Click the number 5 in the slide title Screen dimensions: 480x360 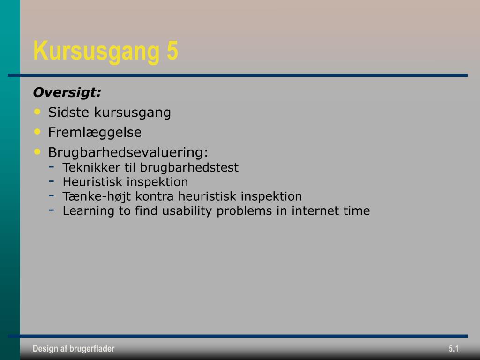[172, 50]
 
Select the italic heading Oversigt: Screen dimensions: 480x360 [67, 92]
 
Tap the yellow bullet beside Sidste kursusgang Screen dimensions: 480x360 [37, 112]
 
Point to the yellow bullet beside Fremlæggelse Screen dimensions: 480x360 [37, 132]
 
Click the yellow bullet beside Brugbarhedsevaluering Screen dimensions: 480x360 [37, 151]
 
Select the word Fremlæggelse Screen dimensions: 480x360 [95, 133]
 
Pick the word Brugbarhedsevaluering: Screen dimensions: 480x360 [128, 152]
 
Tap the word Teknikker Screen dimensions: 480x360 [91, 167]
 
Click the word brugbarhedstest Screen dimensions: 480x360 [189, 167]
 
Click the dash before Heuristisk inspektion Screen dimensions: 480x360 [52, 181]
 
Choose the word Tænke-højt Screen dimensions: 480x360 [97, 196]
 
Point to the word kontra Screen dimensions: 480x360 [155, 196]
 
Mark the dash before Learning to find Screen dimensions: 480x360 [52, 210]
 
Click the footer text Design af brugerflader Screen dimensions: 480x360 [74, 348]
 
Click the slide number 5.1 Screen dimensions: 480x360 [454, 348]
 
